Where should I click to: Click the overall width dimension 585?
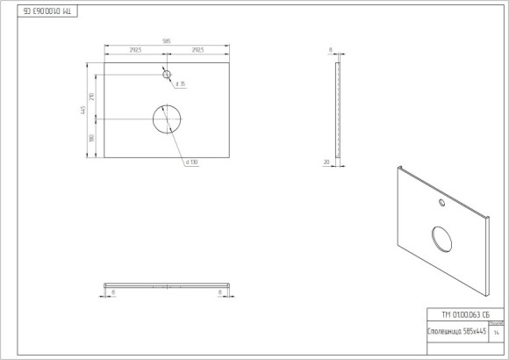166,41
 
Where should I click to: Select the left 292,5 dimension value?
135,51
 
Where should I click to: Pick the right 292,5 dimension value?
197,51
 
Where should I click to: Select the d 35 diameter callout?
180,84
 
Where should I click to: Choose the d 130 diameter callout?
191,162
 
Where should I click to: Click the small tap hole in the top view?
166,75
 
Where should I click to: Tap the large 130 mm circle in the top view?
166,119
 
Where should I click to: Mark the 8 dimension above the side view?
331,50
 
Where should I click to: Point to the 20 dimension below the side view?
326,162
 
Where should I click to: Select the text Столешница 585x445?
455,332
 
